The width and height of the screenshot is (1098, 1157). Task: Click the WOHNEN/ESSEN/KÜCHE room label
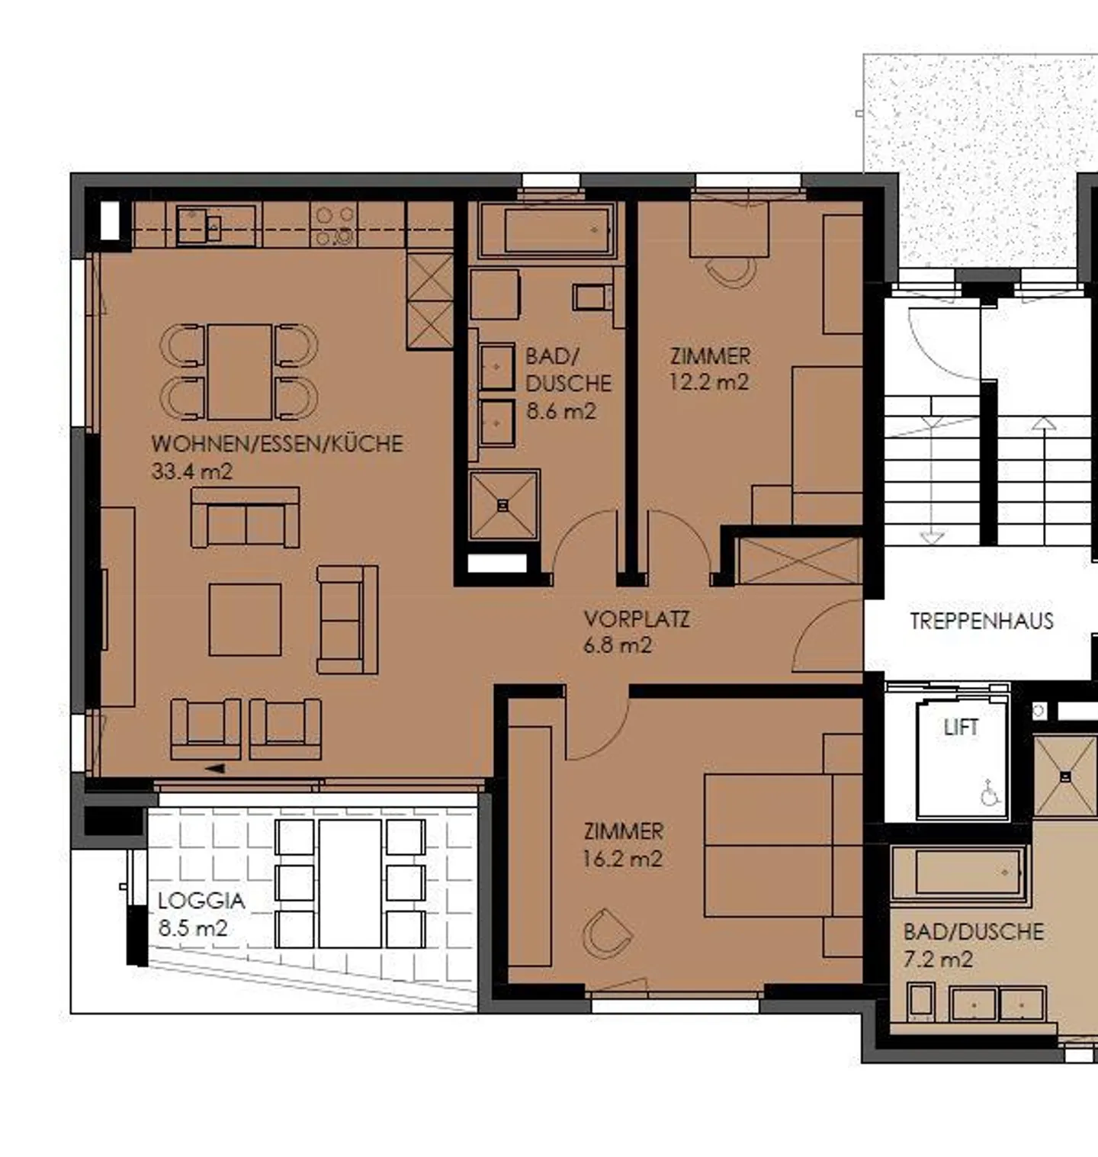click(277, 444)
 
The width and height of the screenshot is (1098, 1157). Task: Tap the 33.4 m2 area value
click(191, 471)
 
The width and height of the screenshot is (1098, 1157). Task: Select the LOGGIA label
click(201, 901)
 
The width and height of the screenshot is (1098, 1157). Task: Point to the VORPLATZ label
click(636, 619)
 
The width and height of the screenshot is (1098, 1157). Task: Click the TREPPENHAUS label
click(981, 621)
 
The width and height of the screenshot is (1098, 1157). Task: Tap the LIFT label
click(960, 728)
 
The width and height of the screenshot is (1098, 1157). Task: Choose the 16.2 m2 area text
click(621, 860)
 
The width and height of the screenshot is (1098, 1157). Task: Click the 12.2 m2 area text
click(708, 383)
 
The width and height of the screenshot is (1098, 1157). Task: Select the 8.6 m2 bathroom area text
click(560, 412)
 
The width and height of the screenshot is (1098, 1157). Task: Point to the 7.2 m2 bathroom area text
click(937, 959)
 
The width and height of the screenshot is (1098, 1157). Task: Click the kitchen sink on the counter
click(199, 226)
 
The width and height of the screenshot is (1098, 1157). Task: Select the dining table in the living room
click(239, 371)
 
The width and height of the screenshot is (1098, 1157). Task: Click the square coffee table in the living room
click(245, 619)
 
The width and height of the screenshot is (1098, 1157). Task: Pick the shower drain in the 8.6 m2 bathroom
click(502, 506)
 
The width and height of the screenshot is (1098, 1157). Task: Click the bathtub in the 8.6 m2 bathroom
click(557, 230)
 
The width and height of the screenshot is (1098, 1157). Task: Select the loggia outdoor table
click(350, 883)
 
